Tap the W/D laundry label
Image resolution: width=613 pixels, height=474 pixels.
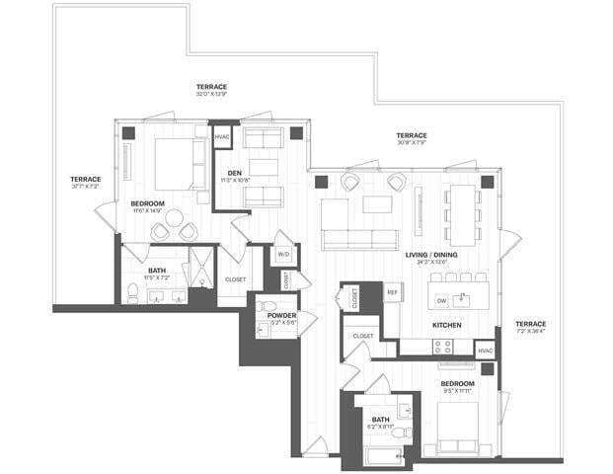point(283,254)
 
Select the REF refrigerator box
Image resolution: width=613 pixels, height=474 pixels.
point(392,293)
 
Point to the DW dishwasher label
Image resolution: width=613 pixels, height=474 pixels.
point(442,299)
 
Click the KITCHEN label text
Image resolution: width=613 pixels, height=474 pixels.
point(447,324)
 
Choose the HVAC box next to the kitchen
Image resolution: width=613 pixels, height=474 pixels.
point(485,350)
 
